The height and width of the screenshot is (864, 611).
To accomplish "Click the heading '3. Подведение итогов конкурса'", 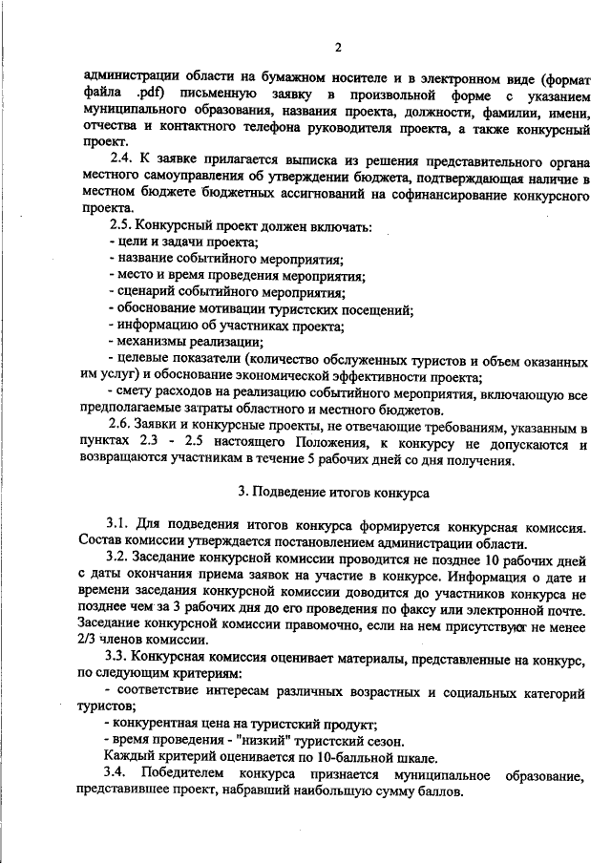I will pyautogui.click(x=333, y=493).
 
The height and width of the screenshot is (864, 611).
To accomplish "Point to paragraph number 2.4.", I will pyautogui.click(x=122, y=158).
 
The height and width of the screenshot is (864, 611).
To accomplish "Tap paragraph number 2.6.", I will pyautogui.click(x=121, y=424).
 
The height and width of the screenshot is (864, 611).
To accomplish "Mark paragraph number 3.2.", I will pyautogui.click(x=121, y=556).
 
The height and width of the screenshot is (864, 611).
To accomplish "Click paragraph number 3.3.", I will pyautogui.click(x=121, y=658).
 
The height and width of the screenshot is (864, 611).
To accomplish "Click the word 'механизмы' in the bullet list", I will pyautogui.click(x=152, y=343).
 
